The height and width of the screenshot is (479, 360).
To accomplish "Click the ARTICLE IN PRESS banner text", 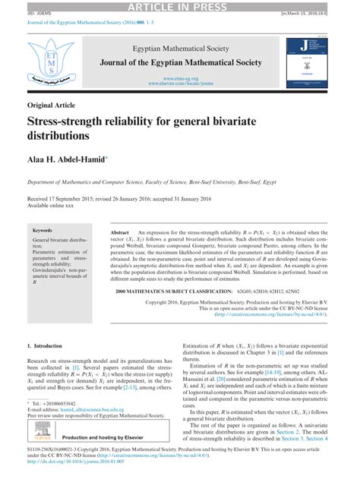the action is click(180, 7).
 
